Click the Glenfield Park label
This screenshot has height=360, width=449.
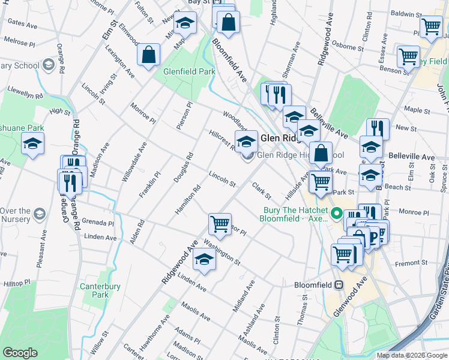189,71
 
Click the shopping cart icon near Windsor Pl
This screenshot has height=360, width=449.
220,224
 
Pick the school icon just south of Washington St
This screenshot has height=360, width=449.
204,260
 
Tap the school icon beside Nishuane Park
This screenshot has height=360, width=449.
32,143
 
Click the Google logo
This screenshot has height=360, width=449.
20,353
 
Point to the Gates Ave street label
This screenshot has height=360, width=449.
22,23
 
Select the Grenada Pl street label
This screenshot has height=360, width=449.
99,223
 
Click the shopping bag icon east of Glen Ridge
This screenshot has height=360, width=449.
321,154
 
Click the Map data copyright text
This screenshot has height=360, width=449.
411,355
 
